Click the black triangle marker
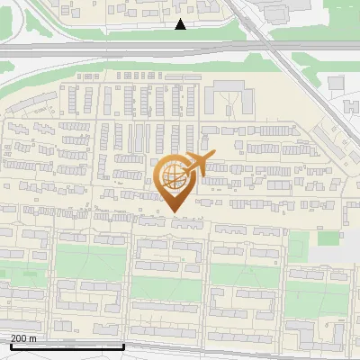[181, 24]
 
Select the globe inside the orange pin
[171, 177]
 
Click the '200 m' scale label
[23, 338]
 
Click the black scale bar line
[67, 346]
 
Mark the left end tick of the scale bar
[10, 345]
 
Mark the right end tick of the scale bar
[123, 345]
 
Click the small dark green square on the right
[328, 238]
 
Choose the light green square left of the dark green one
[299, 241]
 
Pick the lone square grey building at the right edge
[336, 83]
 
